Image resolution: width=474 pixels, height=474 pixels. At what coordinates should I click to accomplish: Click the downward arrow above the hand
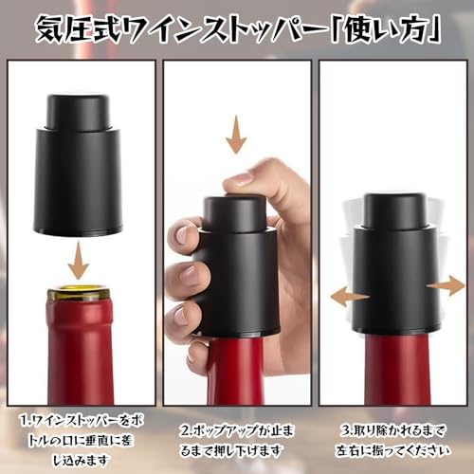tap(236, 134)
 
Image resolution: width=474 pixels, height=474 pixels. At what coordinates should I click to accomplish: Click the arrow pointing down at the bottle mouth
tap(79, 260)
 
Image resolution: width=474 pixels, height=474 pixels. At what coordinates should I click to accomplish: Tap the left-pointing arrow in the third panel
tap(350, 297)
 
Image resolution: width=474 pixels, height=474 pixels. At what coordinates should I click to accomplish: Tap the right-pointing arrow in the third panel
tap(447, 285)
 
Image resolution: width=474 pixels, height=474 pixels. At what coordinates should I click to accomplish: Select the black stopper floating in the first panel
tap(78, 165)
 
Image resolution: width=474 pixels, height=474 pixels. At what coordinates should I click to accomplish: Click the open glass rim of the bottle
tap(78, 291)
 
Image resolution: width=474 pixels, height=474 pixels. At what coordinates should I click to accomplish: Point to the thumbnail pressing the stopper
tap(239, 179)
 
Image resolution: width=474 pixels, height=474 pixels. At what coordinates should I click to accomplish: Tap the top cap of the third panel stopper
tap(395, 210)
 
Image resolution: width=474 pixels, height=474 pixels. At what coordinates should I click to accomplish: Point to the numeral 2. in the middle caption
tap(187, 430)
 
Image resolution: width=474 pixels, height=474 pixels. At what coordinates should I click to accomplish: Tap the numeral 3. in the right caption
tap(346, 430)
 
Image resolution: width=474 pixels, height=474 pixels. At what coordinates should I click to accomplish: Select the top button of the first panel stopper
tap(78, 111)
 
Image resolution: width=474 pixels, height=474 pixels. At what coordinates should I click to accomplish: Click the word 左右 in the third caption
tap(350, 450)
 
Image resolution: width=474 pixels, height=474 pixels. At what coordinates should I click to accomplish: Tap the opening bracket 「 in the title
tap(336, 29)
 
